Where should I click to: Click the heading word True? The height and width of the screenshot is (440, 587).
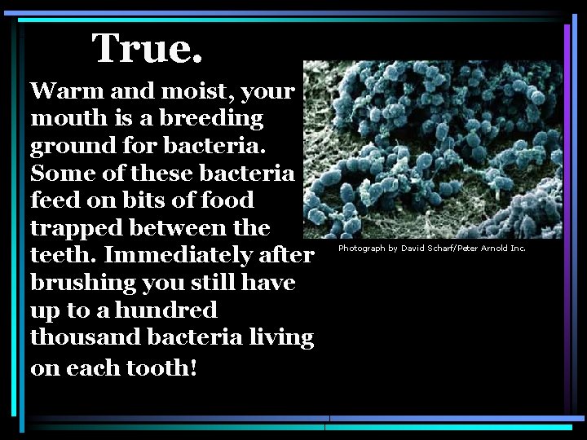(x=147, y=49)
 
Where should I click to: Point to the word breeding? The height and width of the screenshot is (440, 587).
(x=211, y=119)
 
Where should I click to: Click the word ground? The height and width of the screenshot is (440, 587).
(x=70, y=147)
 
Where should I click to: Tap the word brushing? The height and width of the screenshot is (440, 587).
(x=82, y=284)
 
